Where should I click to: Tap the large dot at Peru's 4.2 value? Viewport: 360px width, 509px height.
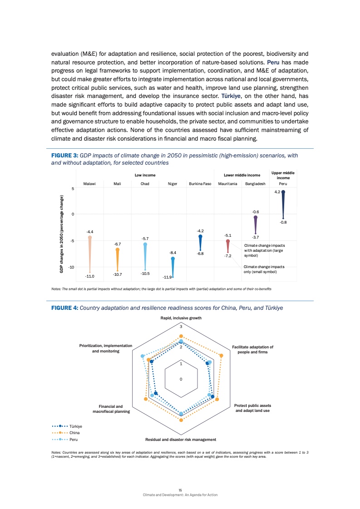(283, 192)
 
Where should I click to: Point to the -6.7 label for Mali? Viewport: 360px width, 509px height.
(118, 244)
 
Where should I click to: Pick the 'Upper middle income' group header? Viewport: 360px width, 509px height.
(283, 175)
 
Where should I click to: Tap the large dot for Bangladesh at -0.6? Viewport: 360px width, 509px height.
(256, 218)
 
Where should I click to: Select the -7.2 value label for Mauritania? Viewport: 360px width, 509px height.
(228, 256)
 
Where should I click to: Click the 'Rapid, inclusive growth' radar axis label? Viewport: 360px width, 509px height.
(181, 318)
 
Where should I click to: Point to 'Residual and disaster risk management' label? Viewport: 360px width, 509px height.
(180, 440)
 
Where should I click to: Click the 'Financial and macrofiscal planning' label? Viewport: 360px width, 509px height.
(111, 408)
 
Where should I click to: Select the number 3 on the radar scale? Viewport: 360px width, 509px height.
(181, 327)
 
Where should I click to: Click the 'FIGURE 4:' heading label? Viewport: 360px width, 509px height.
(65, 308)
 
